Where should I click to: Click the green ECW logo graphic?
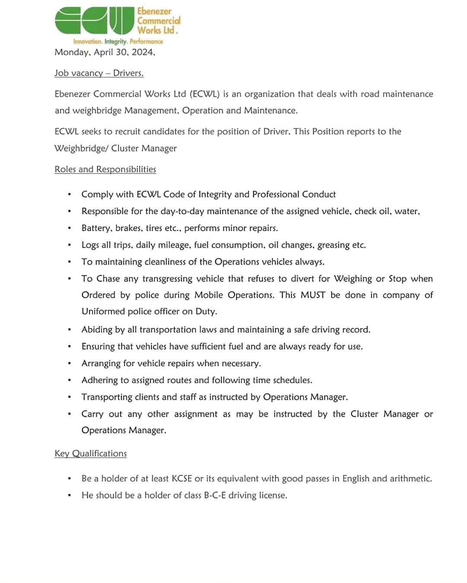point(94,21)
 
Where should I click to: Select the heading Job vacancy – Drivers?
point(99,73)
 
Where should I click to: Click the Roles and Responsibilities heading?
point(105,169)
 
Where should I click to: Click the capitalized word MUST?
point(313,295)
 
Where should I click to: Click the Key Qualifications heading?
point(90,453)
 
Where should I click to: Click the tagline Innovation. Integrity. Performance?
point(118,41)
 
